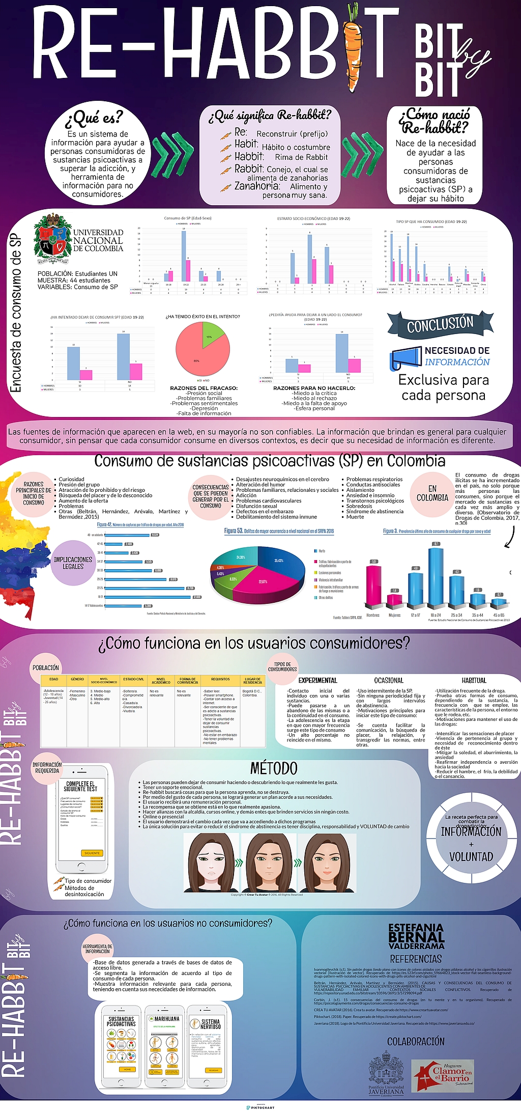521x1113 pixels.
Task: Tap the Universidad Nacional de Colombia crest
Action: click(x=52, y=238)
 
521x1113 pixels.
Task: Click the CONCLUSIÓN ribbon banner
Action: click(x=440, y=324)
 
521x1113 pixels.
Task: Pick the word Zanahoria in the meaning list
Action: click(x=257, y=186)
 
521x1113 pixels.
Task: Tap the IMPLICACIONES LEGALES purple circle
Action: click(x=73, y=563)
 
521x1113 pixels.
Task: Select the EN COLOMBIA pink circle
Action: click(x=432, y=493)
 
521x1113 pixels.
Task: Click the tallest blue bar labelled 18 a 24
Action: click(x=436, y=575)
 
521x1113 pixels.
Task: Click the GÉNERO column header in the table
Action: click(x=77, y=679)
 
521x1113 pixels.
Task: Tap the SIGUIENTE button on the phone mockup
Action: click(x=92, y=853)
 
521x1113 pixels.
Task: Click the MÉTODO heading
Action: click(x=274, y=768)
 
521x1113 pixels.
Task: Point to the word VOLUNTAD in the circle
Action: click(x=471, y=856)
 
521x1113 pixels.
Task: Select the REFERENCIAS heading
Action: click(x=416, y=959)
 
